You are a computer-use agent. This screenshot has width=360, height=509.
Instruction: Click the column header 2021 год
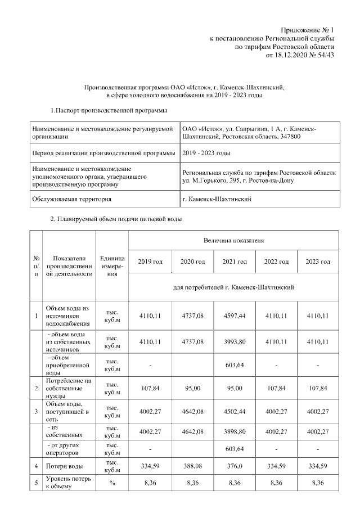pyautogui.click(x=234, y=262)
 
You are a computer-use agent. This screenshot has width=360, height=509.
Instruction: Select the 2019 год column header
pyautogui.click(x=150, y=262)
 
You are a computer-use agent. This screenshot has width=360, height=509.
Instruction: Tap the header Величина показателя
pyautogui.click(x=233, y=240)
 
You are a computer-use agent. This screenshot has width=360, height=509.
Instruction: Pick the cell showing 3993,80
pyautogui.click(x=234, y=341)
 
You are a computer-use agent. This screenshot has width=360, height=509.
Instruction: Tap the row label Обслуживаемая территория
pyautogui.click(x=72, y=199)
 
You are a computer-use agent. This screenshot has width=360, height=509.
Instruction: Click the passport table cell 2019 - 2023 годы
pyautogui.click(x=206, y=153)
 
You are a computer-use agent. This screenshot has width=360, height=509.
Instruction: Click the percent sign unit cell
pyautogui.click(x=112, y=482)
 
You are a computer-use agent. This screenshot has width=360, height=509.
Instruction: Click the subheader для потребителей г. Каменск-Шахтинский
pyautogui.click(x=233, y=287)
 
